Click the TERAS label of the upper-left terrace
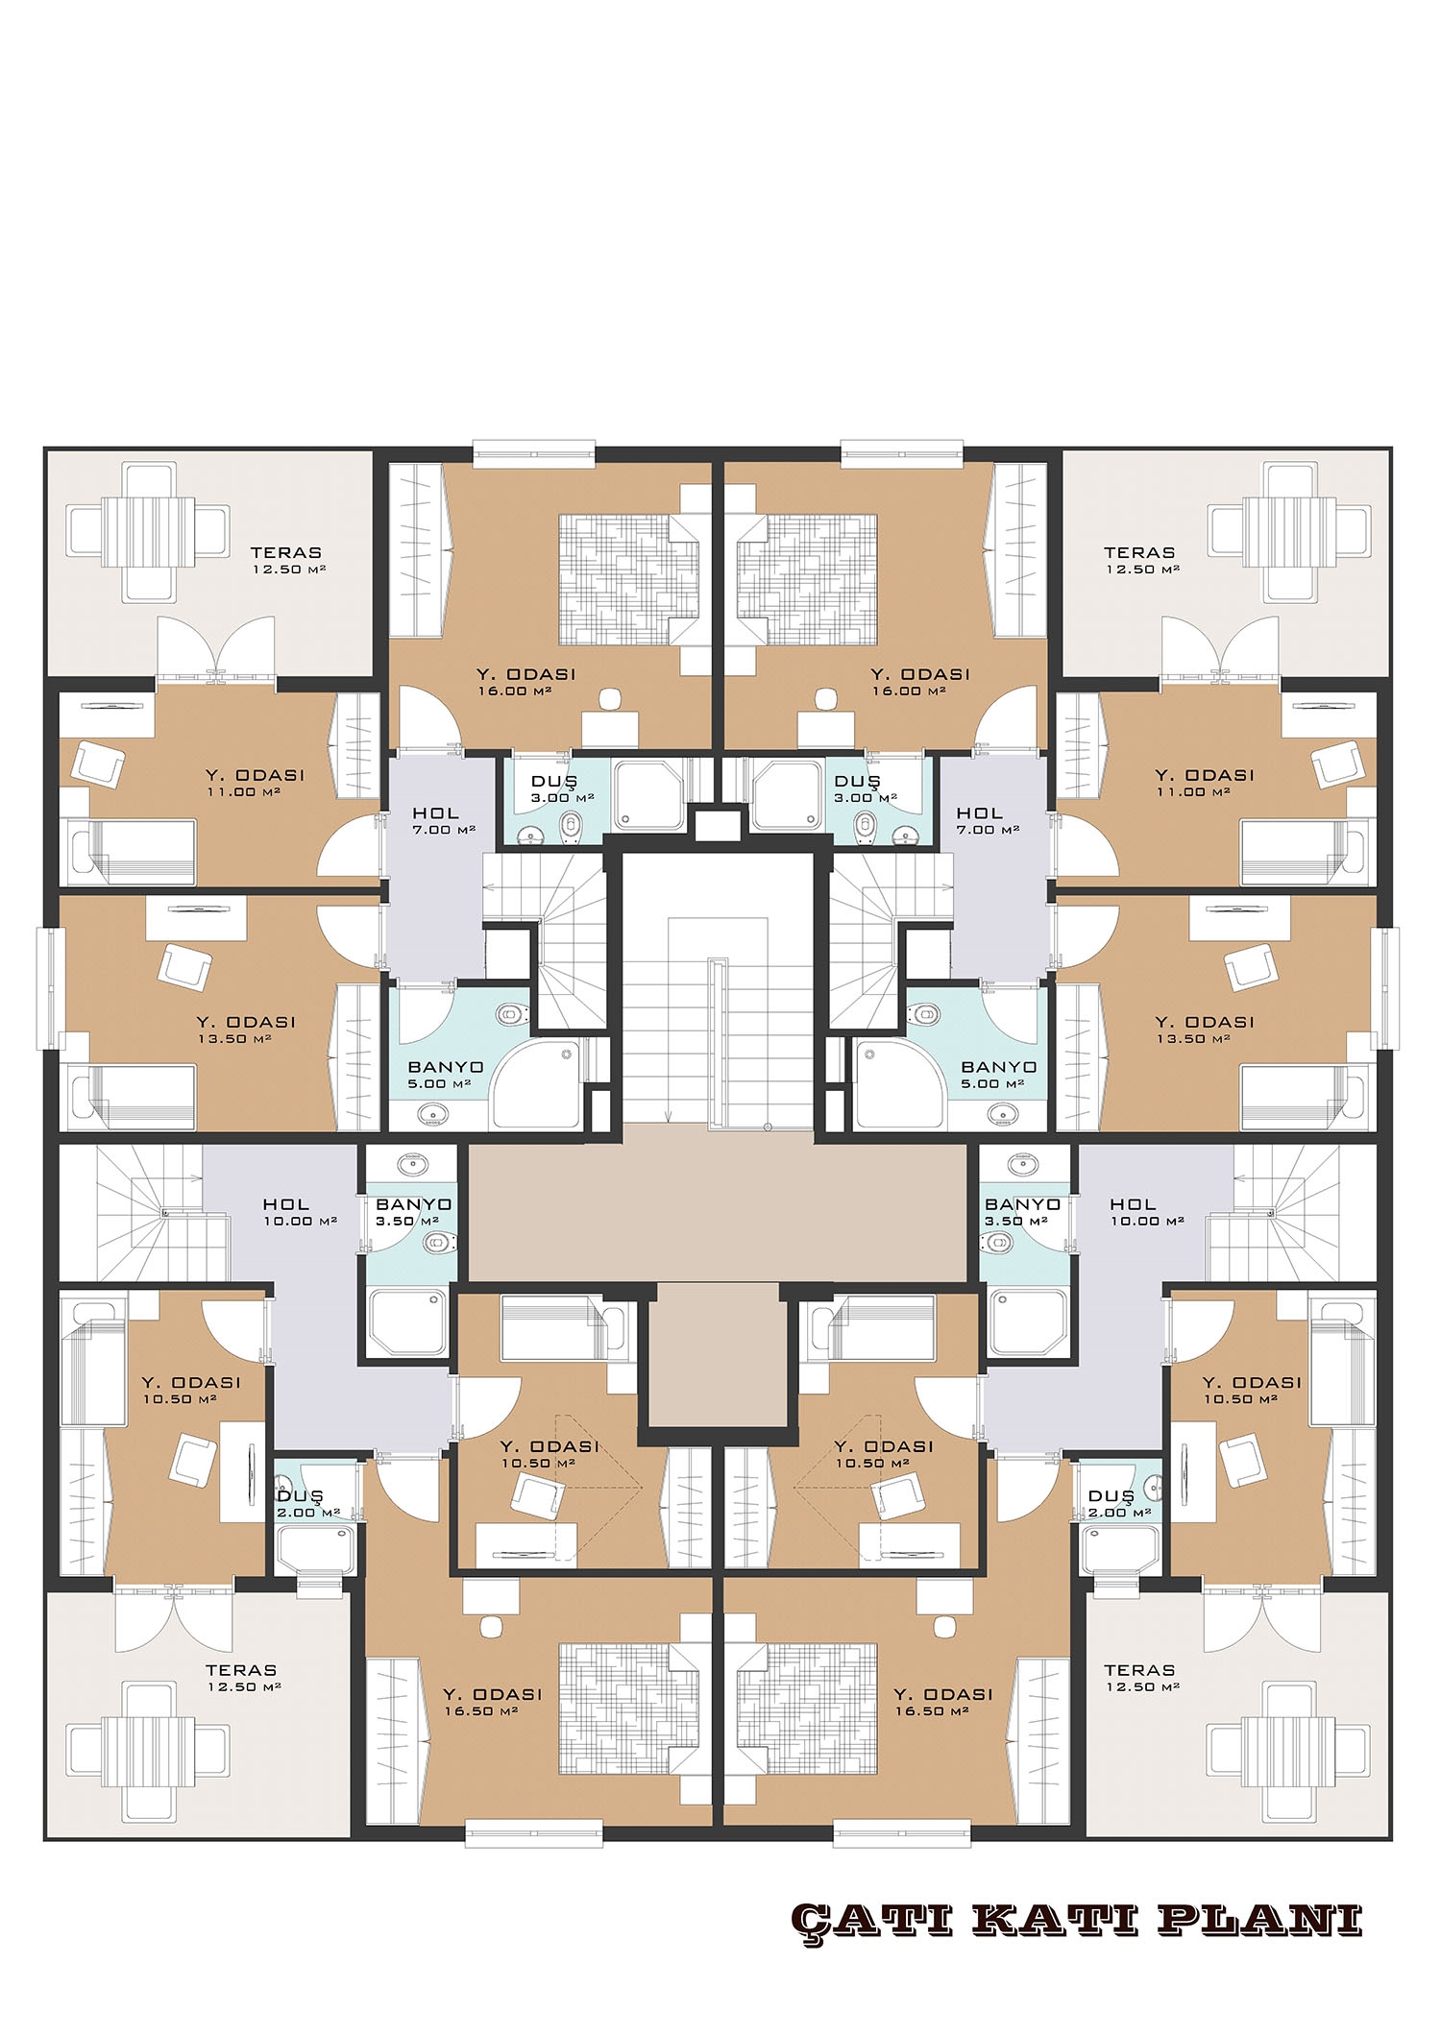(285, 553)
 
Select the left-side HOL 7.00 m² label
(435, 821)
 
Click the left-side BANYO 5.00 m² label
(445, 1075)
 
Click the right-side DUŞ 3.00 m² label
(866, 788)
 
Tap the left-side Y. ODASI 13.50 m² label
(246, 1030)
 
